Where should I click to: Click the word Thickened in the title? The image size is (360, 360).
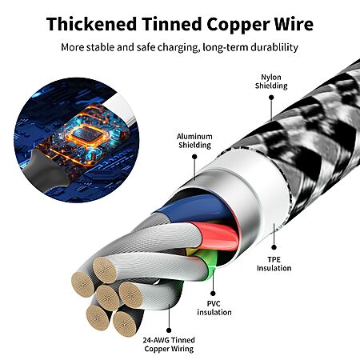[91, 24]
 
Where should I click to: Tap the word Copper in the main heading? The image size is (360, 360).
[238, 25]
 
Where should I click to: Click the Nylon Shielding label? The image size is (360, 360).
[271, 82]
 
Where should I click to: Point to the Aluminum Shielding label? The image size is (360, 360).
[194, 141]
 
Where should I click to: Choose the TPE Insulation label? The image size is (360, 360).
[274, 264]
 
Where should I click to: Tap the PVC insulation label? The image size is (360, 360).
[214, 308]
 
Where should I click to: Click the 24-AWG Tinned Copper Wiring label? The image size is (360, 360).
[169, 344]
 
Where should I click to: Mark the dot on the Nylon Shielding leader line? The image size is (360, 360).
[271, 98]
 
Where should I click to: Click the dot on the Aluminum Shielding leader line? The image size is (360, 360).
[194, 157]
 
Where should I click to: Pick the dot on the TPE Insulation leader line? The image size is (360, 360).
[274, 247]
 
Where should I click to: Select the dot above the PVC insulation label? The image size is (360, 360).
[213, 294]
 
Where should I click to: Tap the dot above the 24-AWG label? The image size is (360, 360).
[169, 330]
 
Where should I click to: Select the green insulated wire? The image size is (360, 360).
[209, 264]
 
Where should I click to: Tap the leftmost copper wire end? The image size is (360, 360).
[82, 285]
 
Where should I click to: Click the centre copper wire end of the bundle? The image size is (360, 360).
[108, 298]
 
